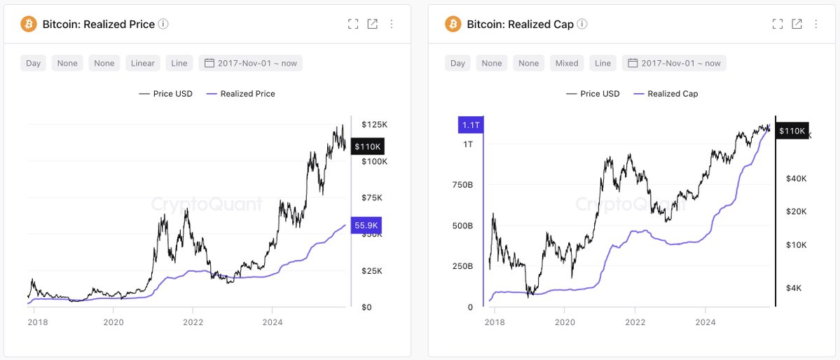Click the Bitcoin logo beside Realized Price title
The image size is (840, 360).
[x=29, y=24]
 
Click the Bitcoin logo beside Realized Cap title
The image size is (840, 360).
[x=453, y=24]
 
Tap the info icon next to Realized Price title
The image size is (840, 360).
[x=163, y=24]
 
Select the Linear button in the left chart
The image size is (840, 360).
[x=143, y=63]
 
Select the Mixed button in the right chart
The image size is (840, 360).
[x=567, y=63]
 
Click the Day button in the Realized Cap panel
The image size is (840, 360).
[x=457, y=63]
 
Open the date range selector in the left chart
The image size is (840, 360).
[x=251, y=63]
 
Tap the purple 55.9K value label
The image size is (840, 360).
[x=366, y=226]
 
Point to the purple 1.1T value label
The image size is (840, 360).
[x=469, y=125]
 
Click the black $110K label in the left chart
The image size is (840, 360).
[x=367, y=146]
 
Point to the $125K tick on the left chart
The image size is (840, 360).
[x=374, y=124]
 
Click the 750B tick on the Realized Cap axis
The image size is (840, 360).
[x=462, y=185]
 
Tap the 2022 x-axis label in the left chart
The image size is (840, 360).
[x=193, y=322]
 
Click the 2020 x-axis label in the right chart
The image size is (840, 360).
[x=565, y=322]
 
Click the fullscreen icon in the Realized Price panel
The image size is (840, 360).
[x=353, y=24]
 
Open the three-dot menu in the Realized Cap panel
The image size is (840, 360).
[x=815, y=24]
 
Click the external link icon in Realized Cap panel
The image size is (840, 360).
[x=797, y=24]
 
